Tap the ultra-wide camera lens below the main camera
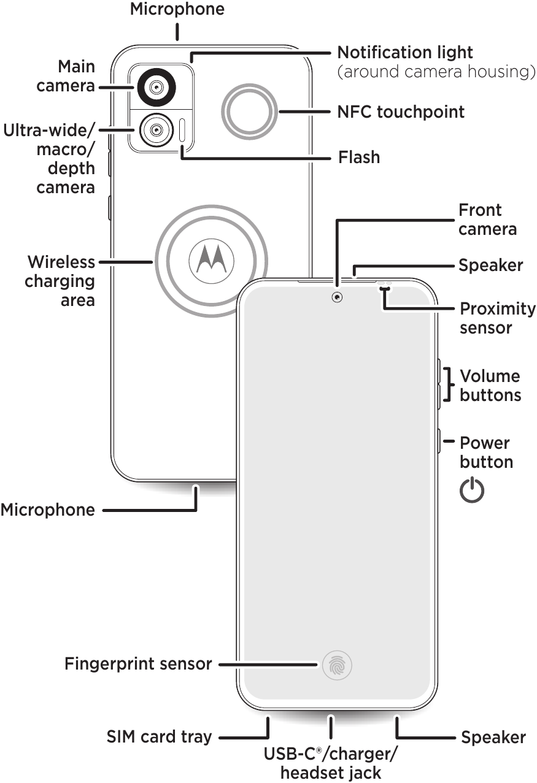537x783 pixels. tap(156, 129)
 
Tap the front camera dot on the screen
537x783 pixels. tap(337, 297)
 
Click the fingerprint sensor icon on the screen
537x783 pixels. tap(337, 665)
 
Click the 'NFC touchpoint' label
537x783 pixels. tap(400, 112)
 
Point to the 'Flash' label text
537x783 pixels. tap(359, 158)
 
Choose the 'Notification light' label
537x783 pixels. tap(405, 52)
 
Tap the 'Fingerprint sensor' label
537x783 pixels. tap(138, 664)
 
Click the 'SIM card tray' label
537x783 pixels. tap(159, 736)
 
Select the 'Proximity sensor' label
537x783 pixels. tap(497, 318)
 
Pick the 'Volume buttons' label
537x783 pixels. tap(490, 385)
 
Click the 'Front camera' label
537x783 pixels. tap(487, 220)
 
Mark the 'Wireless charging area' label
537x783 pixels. tap(60, 281)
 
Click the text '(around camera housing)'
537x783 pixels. tap(436, 72)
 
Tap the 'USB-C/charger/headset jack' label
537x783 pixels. tap(331, 762)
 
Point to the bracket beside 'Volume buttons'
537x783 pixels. tap(450, 385)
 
